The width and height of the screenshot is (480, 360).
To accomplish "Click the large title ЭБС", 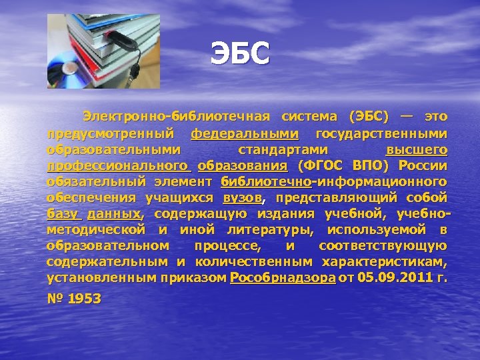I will pos(240,54).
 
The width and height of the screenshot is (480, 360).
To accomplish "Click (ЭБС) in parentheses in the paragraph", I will pos(368,117).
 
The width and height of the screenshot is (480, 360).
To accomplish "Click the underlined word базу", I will pos(63,213).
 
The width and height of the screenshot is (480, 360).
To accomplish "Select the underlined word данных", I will pos(114,213).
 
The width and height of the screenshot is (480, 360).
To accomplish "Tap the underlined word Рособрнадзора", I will pos(283,277).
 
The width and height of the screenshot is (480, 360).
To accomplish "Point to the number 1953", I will pos(85,299).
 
